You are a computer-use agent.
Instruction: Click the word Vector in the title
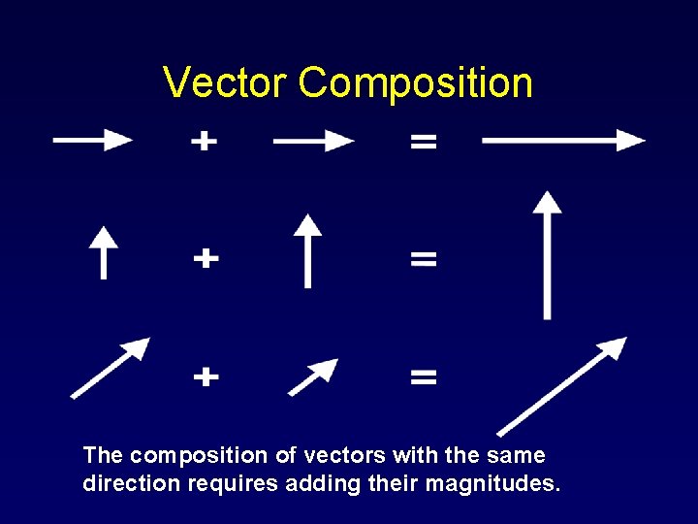pyautogui.click(x=226, y=83)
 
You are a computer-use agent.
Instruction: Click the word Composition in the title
pyautogui.click(x=416, y=83)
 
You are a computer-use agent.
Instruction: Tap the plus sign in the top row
pyautogui.click(x=204, y=142)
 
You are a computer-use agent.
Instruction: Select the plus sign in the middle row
pyautogui.click(x=205, y=258)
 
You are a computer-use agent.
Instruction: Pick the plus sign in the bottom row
pyautogui.click(x=205, y=376)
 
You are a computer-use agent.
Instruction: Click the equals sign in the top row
pyautogui.click(x=424, y=142)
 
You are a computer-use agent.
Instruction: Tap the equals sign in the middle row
pyautogui.click(x=424, y=259)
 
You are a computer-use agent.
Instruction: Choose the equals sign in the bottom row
pyautogui.click(x=424, y=376)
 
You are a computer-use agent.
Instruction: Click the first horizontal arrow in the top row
pyautogui.click(x=93, y=141)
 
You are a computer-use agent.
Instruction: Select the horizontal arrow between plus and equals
pyautogui.click(x=313, y=142)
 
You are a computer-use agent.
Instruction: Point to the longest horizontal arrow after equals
pyautogui.click(x=563, y=141)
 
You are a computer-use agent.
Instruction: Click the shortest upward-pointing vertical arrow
pyautogui.click(x=103, y=251)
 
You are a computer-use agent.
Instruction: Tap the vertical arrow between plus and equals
pyautogui.click(x=307, y=250)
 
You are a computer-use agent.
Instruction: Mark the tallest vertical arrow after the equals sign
pyautogui.click(x=548, y=254)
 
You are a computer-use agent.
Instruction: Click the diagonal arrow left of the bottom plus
pyautogui.click(x=111, y=368)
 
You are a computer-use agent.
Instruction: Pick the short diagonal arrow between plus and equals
pyautogui.click(x=313, y=377)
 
